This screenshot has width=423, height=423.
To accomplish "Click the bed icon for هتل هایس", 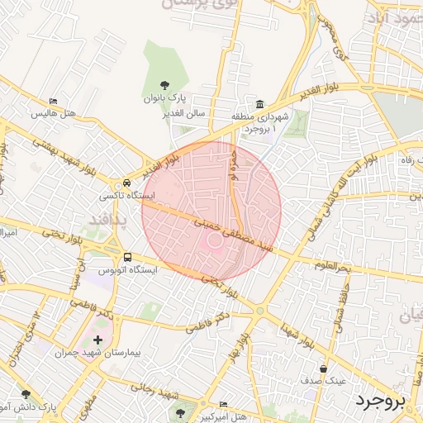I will [54, 101].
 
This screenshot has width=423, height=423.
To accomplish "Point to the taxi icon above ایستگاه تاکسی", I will [126, 183].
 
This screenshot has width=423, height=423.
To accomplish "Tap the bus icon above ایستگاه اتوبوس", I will [126, 257].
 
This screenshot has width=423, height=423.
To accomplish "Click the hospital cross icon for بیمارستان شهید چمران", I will [98, 340].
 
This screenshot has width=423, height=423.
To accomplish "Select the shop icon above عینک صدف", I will [323, 369].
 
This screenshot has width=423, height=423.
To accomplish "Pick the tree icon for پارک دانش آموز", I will [26, 394].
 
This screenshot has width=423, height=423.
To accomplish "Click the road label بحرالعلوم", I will [333, 266].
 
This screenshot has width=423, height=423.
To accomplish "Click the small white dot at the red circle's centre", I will [212, 240].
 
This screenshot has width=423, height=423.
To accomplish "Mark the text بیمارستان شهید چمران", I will [104, 353].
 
